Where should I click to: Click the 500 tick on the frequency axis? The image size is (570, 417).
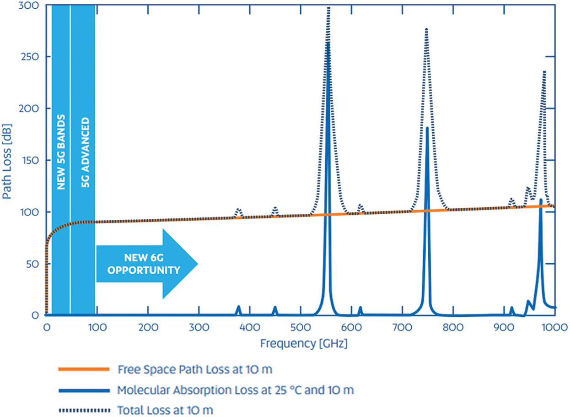pyautogui.click(x=300, y=328)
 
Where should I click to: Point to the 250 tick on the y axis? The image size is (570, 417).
pyautogui.click(x=32, y=57)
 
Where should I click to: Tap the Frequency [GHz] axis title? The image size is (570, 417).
pyautogui.click(x=303, y=343)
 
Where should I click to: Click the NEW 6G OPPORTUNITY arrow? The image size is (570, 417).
pyautogui.click(x=146, y=263)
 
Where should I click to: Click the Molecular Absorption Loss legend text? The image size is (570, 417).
pyautogui.click(x=235, y=390)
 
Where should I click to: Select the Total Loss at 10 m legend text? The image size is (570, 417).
pyautogui.click(x=166, y=409)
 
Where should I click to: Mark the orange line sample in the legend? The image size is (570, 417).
pyautogui.click(x=84, y=369)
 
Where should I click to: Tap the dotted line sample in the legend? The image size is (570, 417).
pyautogui.click(x=84, y=409)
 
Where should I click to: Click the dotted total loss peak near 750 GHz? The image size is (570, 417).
pyautogui.click(x=426, y=29)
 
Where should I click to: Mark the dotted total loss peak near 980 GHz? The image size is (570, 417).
pyautogui.click(x=544, y=72)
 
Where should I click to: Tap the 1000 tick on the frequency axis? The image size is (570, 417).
pyautogui.click(x=554, y=328)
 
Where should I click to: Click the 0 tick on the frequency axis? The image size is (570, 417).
pyautogui.click(x=46, y=328)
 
